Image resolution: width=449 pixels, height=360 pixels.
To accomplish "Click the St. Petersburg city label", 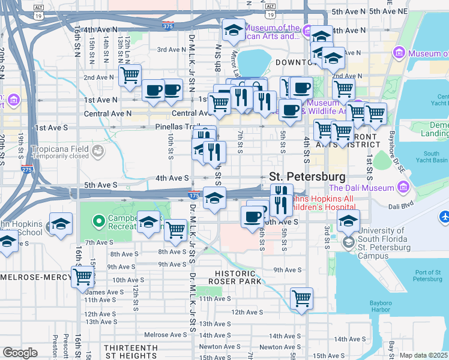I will (307, 177).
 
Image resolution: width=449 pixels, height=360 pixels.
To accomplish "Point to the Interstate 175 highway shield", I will (193, 195).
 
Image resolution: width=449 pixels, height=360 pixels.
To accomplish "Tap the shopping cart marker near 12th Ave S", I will (301, 298).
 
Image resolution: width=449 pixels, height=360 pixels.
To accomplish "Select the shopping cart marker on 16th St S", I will (82, 277).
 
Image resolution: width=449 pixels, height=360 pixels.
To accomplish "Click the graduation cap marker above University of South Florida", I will (348, 220).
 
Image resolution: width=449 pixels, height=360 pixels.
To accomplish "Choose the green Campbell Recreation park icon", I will (97, 221).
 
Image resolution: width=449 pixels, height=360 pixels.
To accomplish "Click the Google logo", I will (20, 353).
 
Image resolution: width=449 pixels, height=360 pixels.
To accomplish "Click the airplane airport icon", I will (444, 216).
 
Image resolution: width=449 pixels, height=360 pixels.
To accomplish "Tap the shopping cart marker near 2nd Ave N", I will (130, 76).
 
